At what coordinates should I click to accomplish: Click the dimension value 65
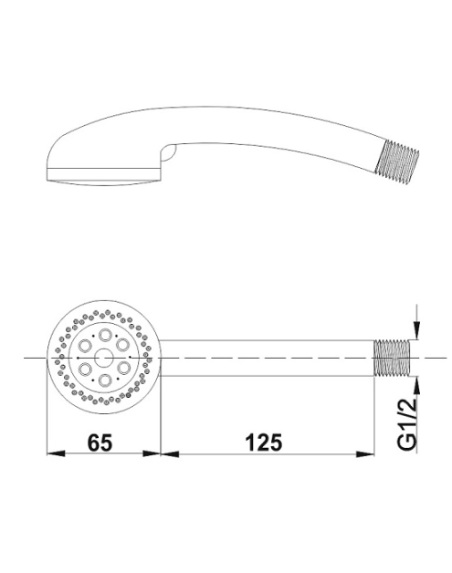point(100,443)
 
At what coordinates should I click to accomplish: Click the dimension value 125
point(264,443)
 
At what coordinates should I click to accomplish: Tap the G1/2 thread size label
point(406,423)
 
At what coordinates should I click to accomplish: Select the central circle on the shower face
point(104,358)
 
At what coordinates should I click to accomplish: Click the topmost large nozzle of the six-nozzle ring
point(106,334)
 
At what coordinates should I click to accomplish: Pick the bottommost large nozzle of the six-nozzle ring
point(105,380)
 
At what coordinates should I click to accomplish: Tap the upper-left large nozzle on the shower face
point(86,345)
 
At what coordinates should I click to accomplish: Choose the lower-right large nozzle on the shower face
point(124,369)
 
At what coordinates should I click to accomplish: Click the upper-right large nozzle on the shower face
point(123,345)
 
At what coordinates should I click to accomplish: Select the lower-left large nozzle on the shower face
point(85,369)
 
